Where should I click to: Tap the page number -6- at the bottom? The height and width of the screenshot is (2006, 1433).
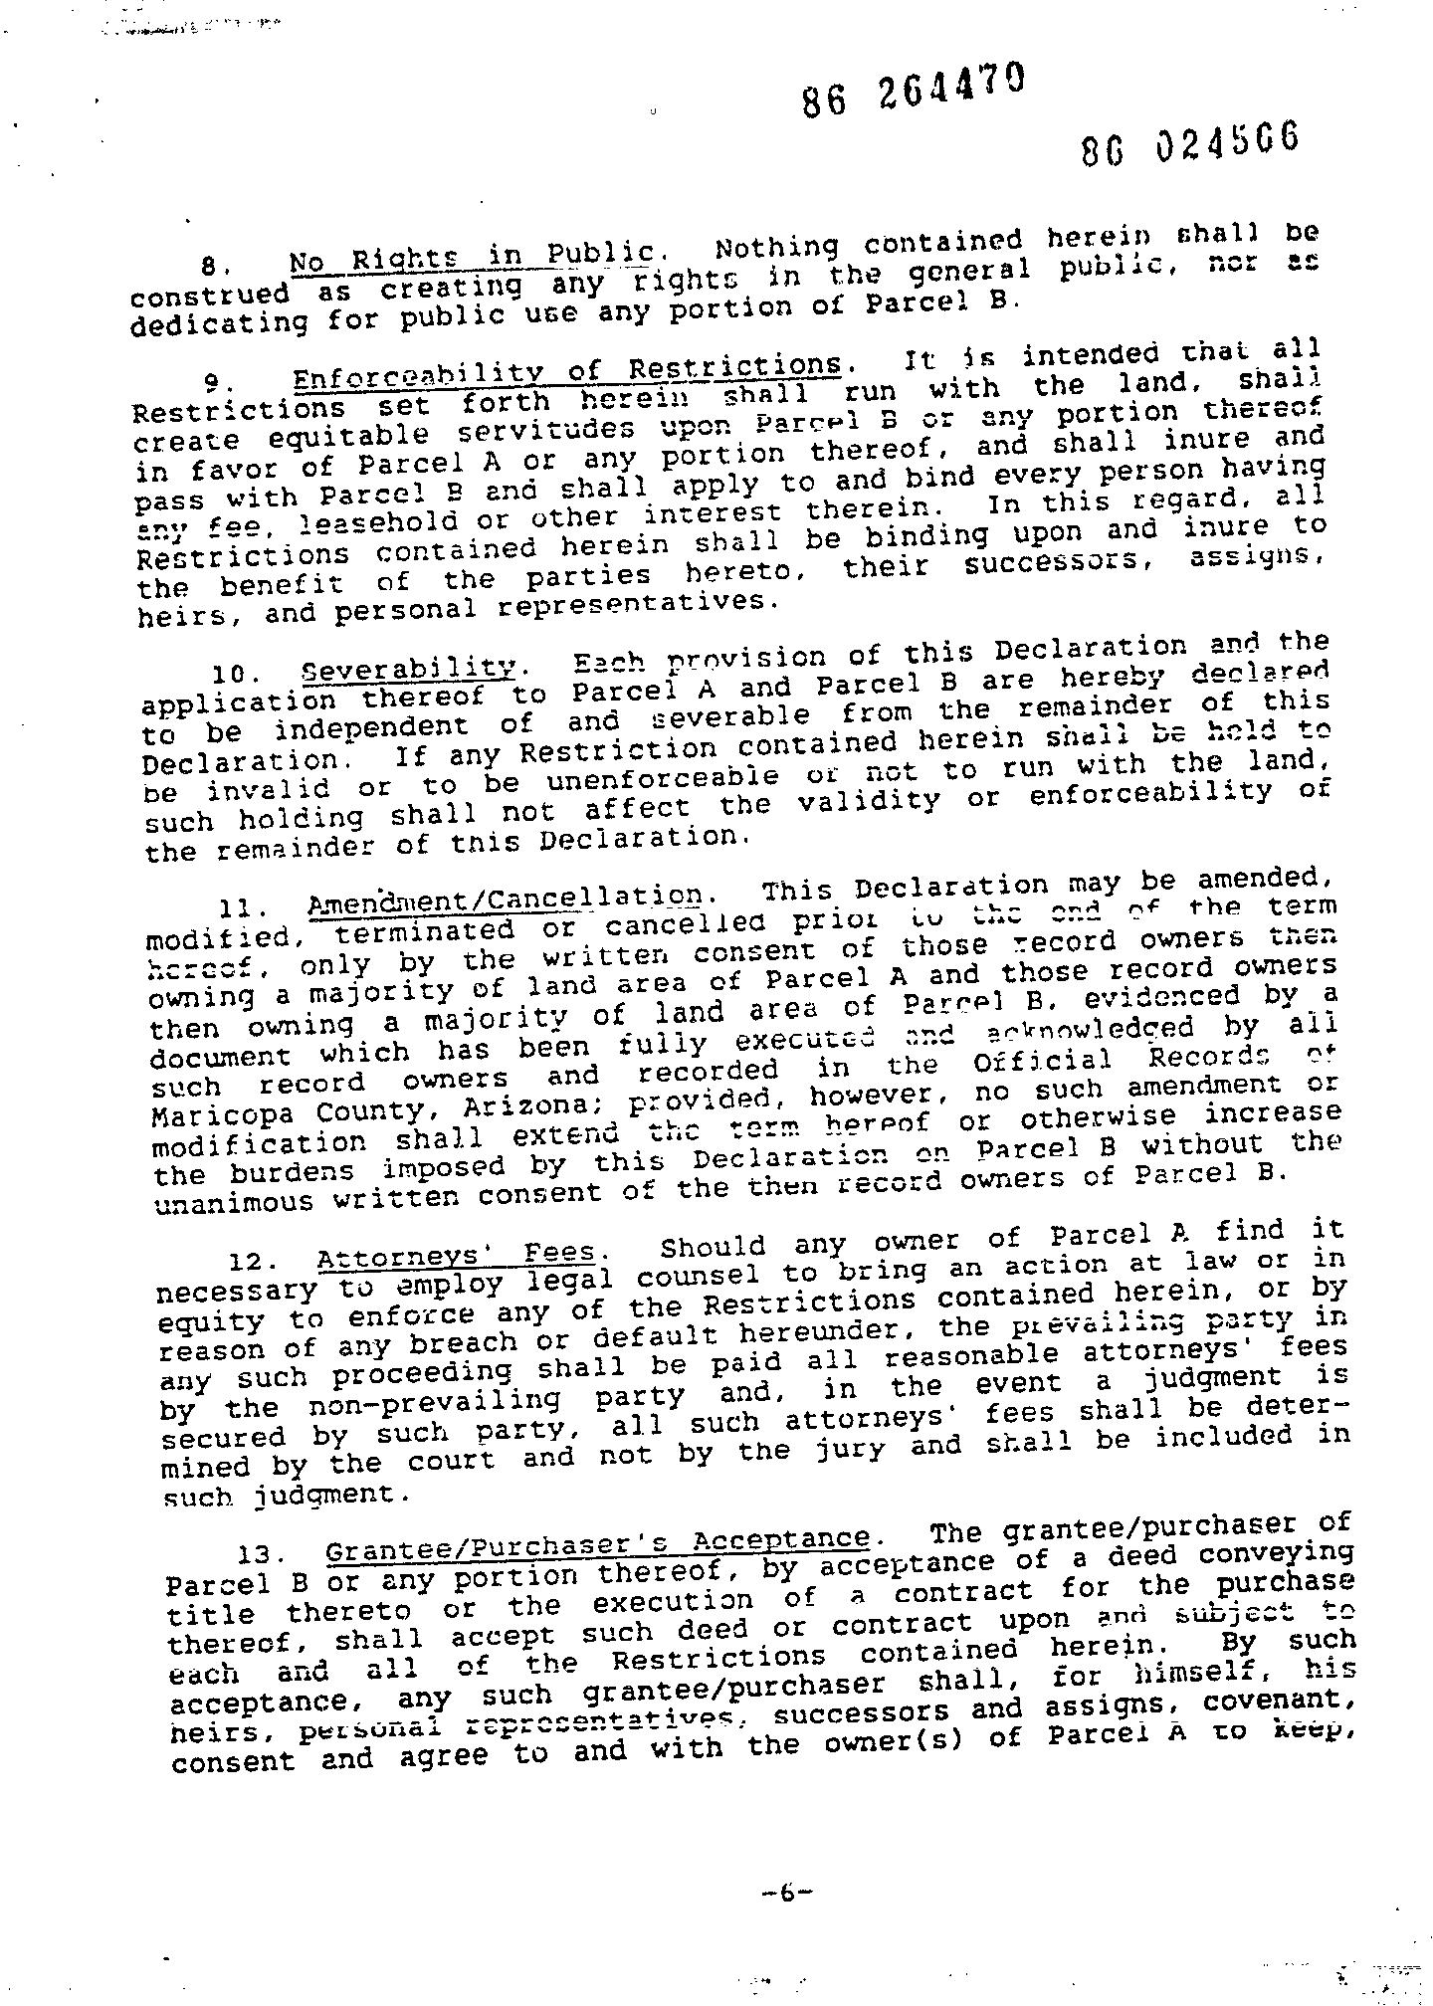(785, 1894)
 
